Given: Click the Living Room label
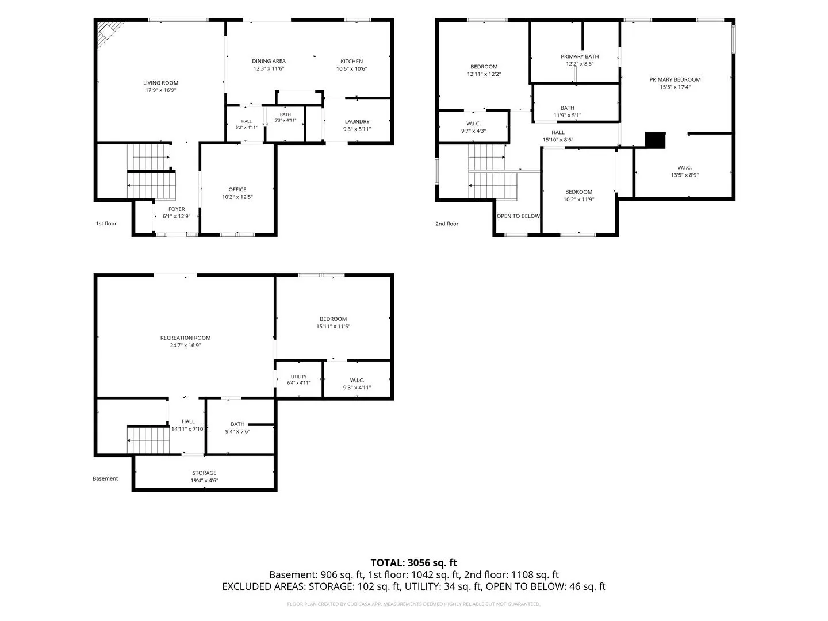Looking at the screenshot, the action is coord(160,83).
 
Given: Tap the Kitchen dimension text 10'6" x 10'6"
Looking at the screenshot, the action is coord(351,68).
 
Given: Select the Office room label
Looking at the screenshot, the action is coord(237,190).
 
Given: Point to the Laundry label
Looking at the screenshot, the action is coord(357,121).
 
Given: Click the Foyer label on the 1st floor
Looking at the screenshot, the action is coord(177,209).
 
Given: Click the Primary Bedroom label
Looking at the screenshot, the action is coord(675,79).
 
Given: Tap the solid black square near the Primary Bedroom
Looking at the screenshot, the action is coord(655,140).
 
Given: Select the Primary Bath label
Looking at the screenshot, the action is coord(580,56).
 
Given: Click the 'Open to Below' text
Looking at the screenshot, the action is coord(518,216).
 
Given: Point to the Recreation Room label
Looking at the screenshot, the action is coord(186,338).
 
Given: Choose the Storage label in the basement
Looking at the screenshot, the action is coord(205,473).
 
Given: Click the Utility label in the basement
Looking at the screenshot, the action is coord(299,377).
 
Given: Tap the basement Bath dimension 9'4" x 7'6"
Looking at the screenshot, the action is coord(237,431).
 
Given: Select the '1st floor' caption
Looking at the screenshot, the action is coord(106,224).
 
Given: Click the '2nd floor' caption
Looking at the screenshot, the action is coord(447,224).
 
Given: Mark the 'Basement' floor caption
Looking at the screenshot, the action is coord(105,478).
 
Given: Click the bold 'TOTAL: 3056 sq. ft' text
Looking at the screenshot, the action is coord(414,563).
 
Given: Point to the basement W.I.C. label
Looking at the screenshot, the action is coord(357,381).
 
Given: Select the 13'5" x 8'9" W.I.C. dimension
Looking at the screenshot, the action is coord(685,175).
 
